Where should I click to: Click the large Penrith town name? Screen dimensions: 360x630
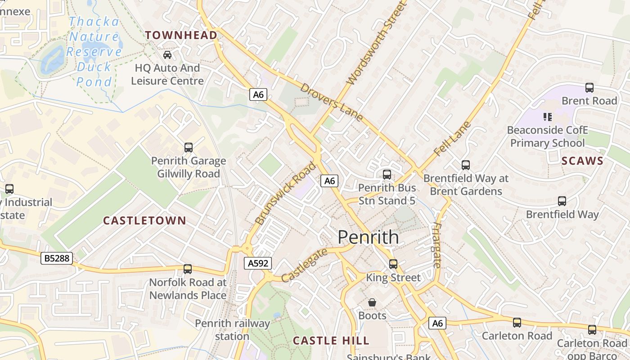pyautogui.click(x=368, y=237)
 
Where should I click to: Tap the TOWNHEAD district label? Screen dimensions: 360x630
pyautogui.click(x=181, y=35)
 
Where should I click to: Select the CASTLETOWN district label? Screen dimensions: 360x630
pyautogui.click(x=144, y=220)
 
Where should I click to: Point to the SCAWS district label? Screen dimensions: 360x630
pyautogui.click(x=582, y=161)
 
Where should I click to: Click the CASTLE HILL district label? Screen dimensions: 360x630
pyautogui.click(x=331, y=341)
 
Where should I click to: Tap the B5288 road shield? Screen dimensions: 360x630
pyautogui.click(x=57, y=258)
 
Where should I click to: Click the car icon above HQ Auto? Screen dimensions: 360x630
pyautogui.click(x=167, y=55)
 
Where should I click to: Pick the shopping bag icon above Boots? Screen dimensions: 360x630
pyautogui.click(x=372, y=302)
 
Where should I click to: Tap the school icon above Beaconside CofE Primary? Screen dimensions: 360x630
pyautogui.click(x=548, y=117)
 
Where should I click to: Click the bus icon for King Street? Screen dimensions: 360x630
pyautogui.click(x=393, y=264)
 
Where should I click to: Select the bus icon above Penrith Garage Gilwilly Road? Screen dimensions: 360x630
pyautogui.click(x=189, y=147)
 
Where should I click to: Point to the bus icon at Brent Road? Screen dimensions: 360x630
pyautogui.click(x=589, y=88)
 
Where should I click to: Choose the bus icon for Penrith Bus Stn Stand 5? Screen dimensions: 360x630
pyautogui.click(x=387, y=174)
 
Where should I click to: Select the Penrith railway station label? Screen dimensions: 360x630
pyautogui.click(x=232, y=329)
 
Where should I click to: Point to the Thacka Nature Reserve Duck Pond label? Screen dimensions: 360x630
pyautogui.click(x=94, y=52)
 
